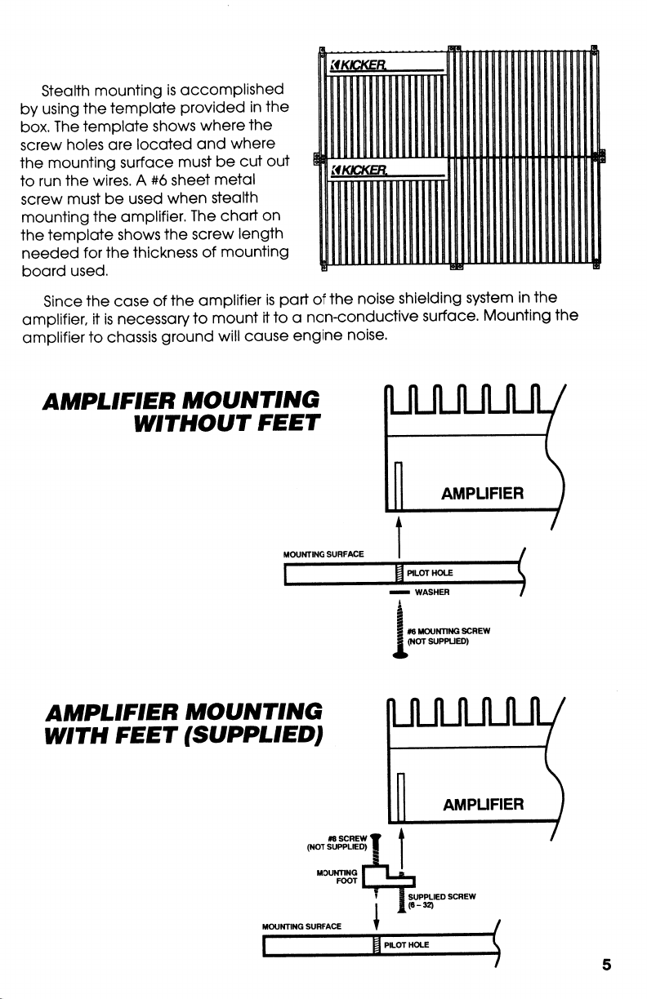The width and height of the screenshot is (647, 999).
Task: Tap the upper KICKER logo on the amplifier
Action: click(x=357, y=64)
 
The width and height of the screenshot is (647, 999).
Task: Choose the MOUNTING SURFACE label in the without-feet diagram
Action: click(x=322, y=554)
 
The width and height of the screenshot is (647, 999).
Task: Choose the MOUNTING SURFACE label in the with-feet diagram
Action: click(x=301, y=926)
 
